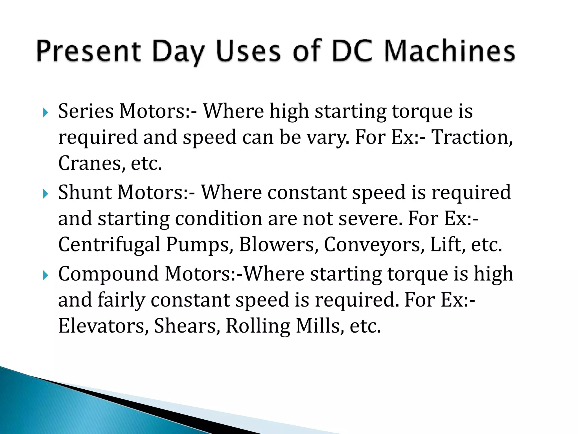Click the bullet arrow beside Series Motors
click(x=45, y=113)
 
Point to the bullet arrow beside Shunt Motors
click(x=45, y=194)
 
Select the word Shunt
click(x=85, y=192)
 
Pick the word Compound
click(x=108, y=274)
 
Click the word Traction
click(x=472, y=137)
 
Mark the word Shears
click(x=187, y=326)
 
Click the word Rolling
click(x=258, y=326)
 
